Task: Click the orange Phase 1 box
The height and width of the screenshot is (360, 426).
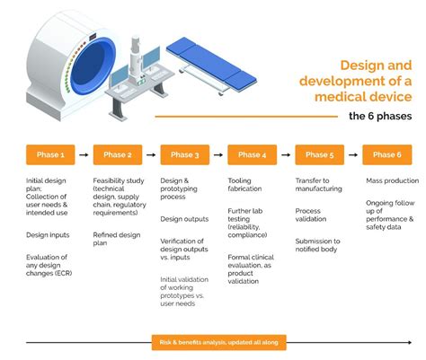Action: pos(50,154)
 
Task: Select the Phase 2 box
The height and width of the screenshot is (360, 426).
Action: pos(118,154)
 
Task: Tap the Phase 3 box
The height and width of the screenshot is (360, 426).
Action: pos(185,154)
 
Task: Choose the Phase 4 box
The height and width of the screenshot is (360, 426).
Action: pos(253,154)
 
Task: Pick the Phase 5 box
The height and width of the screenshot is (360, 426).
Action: pos(320,154)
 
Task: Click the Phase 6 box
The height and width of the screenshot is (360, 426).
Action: pos(387,154)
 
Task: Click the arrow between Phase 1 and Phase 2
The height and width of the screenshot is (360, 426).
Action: pos(84,154)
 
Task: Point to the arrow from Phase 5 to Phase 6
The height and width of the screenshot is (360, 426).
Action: pos(353,154)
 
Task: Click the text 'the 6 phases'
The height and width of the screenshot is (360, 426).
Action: pos(380,116)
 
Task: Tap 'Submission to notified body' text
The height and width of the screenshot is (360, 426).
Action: pos(318,245)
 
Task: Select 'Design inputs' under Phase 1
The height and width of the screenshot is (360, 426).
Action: pos(47,235)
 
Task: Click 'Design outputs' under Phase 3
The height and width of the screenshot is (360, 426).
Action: pos(184,218)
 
